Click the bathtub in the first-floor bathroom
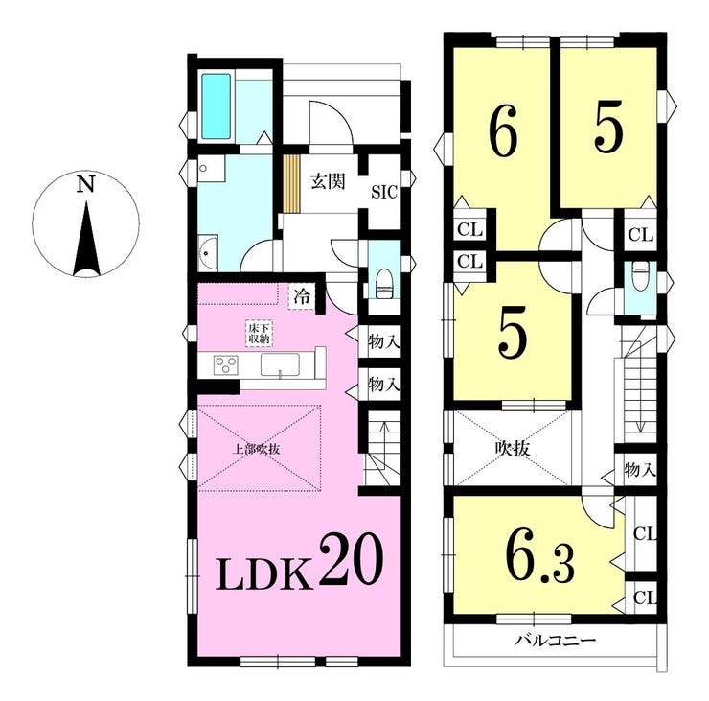pos(216,106)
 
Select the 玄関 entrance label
pos(328,181)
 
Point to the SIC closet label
pos(384,193)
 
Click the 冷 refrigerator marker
pos(302,297)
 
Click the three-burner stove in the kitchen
pos(225,364)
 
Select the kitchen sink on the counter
pos(280,364)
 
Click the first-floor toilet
pos(384,284)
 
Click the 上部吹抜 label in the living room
pos(256,450)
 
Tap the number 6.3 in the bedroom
pos(539,559)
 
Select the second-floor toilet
pos(640,277)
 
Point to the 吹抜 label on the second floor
pos(513,450)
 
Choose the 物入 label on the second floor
pos(640,470)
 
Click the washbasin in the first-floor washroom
pos(208,252)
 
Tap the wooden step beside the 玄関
pos(291,183)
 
